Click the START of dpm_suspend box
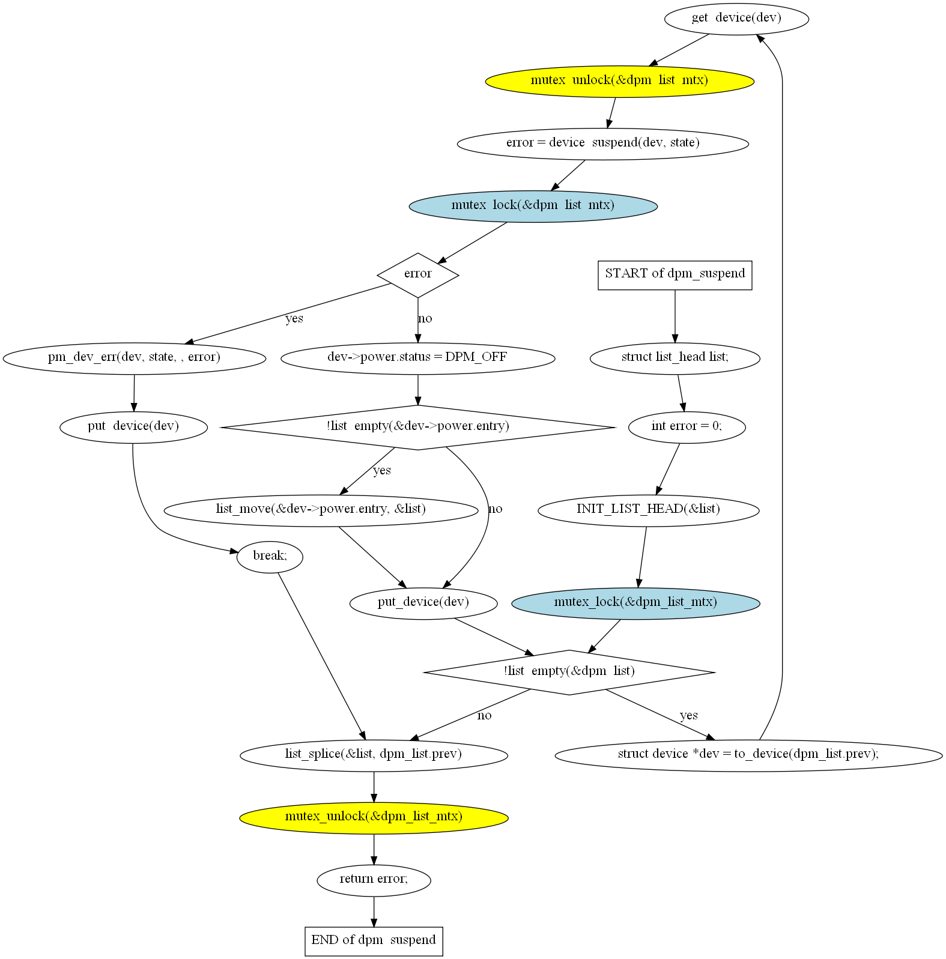[x=675, y=275]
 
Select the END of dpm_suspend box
[x=374, y=941]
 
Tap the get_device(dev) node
[x=736, y=19]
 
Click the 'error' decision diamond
[x=418, y=275]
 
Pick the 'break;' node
[x=270, y=557]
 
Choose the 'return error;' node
[x=374, y=880]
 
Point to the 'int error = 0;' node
[x=687, y=427]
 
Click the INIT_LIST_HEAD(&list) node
[x=649, y=510]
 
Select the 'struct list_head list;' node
[x=675, y=358]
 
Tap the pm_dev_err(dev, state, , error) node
[x=135, y=358]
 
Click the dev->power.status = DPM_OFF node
[x=418, y=358]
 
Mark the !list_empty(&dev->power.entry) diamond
[x=418, y=427]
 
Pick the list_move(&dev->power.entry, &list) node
[x=321, y=510]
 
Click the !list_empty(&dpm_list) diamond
[x=569, y=672]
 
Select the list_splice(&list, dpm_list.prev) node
[x=374, y=755]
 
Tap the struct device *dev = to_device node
[x=748, y=755]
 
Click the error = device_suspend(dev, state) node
[x=603, y=144]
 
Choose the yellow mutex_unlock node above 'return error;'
[x=374, y=817]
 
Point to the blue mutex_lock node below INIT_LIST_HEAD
[x=635, y=603]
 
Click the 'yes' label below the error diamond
[x=294, y=318]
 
